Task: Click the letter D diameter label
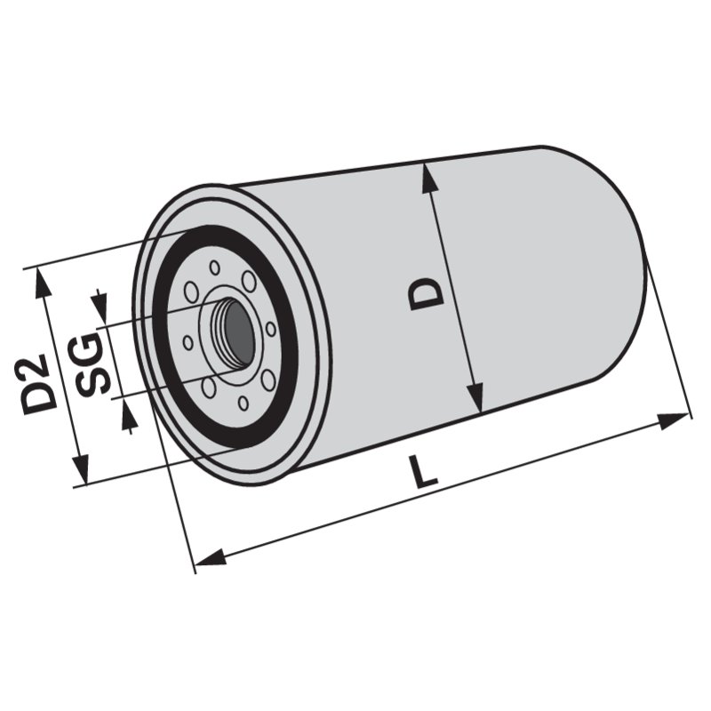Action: (427, 292)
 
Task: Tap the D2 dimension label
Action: (41, 385)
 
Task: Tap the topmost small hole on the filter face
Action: (214, 267)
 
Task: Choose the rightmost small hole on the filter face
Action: (270, 328)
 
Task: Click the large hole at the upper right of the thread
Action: (249, 282)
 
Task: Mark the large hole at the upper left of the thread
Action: (192, 294)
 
